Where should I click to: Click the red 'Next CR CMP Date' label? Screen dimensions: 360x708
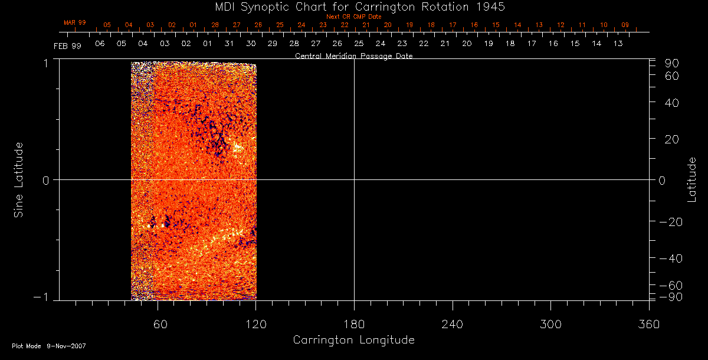click(x=353, y=17)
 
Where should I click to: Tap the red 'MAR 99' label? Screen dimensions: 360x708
click(x=75, y=22)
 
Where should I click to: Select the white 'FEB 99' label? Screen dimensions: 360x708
click(x=67, y=45)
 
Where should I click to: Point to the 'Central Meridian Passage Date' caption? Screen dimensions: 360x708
click(x=353, y=56)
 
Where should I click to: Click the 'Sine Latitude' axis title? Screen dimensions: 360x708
click(x=19, y=179)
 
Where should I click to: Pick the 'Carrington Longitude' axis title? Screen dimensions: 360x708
click(x=353, y=340)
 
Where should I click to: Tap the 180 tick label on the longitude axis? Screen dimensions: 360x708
click(x=354, y=323)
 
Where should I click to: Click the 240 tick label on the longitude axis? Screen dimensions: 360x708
click(x=452, y=323)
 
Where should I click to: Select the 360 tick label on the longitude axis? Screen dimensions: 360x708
click(x=648, y=323)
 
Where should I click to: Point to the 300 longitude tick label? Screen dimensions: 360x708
click(x=550, y=323)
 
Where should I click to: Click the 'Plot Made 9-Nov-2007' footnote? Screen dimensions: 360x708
click(x=49, y=346)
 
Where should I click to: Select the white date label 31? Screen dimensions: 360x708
click(x=229, y=44)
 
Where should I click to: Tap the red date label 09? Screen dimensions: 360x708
click(x=625, y=25)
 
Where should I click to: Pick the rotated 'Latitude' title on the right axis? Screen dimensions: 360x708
click(x=692, y=179)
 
